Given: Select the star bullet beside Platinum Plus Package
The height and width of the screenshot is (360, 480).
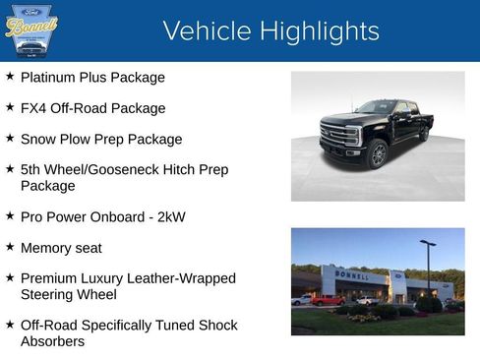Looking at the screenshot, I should [10, 76].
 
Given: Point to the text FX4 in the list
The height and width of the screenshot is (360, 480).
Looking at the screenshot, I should [33, 108].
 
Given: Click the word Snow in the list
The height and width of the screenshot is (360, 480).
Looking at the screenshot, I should [37, 139].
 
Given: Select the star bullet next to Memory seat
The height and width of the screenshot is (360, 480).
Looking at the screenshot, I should [10, 247].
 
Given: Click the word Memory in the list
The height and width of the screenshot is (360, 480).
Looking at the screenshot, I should [46, 248].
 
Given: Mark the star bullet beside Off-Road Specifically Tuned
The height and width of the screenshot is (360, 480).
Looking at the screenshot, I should [10, 324].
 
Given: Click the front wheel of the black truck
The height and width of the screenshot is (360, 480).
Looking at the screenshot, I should [378, 154].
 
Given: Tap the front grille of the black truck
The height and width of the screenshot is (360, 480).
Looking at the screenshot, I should [334, 136].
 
